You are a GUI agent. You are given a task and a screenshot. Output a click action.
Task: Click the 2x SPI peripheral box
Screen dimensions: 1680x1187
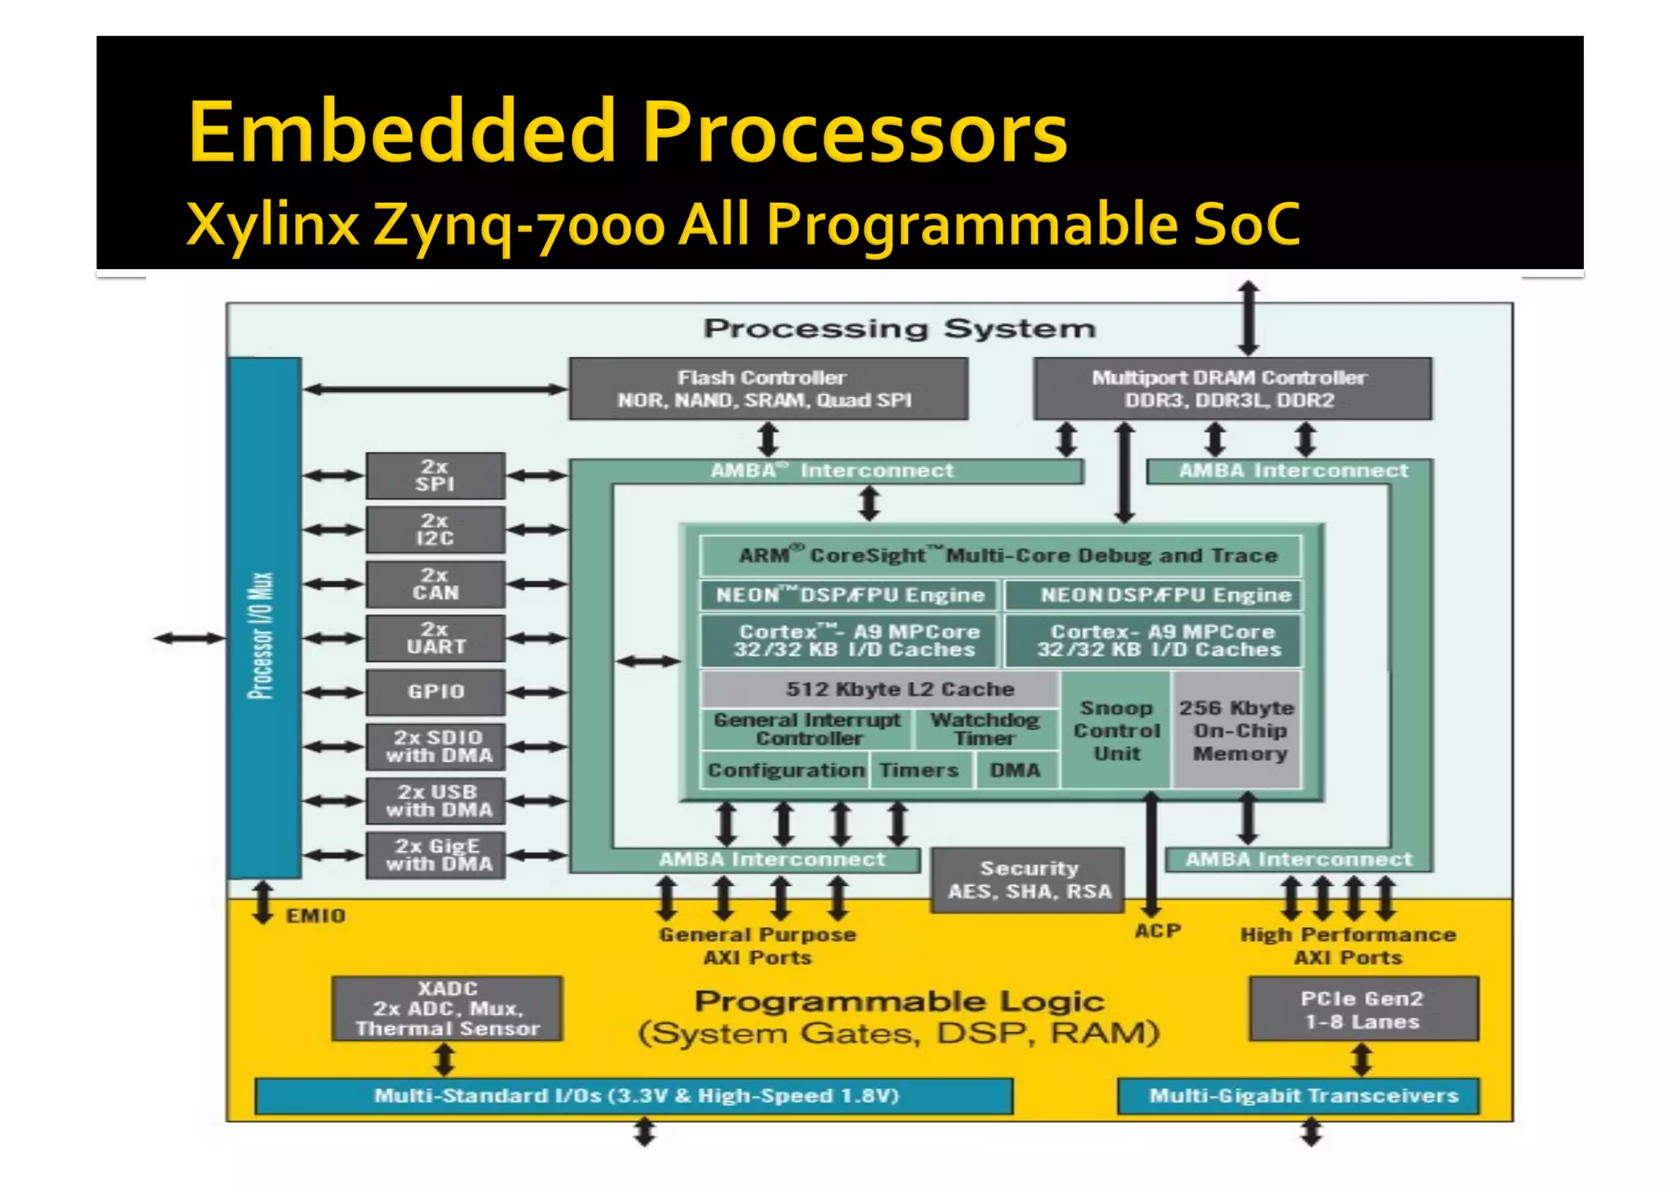pyautogui.click(x=436, y=476)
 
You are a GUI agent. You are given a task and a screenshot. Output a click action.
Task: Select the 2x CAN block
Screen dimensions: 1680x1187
pyautogui.click(x=436, y=584)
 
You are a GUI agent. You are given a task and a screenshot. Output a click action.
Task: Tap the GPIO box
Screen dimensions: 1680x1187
pyautogui.click(x=436, y=692)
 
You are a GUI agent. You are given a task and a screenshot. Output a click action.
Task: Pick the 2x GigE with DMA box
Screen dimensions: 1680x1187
pyautogui.click(x=436, y=856)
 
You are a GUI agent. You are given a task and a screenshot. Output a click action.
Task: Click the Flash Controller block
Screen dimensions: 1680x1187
pyautogui.click(x=769, y=389)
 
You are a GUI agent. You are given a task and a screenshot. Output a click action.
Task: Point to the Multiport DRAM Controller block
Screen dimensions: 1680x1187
pyautogui.click(x=1233, y=389)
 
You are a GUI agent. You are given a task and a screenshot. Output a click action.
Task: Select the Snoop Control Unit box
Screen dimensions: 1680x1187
pyautogui.click(x=1116, y=730)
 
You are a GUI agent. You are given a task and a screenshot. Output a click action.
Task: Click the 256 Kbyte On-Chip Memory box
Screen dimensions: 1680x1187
pyautogui.click(x=1237, y=730)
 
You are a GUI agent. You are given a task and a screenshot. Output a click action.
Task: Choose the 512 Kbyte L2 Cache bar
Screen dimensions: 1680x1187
pyautogui.click(x=879, y=689)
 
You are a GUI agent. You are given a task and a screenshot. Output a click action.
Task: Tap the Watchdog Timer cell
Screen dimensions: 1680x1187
pyautogui.click(x=985, y=728)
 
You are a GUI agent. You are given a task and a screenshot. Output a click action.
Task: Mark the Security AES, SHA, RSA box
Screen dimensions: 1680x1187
pyautogui.click(x=1029, y=880)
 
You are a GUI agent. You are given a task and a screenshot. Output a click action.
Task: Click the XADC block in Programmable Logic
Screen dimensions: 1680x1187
pyautogui.click(x=447, y=1008)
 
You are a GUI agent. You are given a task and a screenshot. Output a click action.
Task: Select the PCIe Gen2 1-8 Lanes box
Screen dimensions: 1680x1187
pyautogui.click(x=1363, y=1009)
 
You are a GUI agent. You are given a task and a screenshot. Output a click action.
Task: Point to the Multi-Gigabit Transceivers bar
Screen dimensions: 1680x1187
pyautogui.click(x=1299, y=1096)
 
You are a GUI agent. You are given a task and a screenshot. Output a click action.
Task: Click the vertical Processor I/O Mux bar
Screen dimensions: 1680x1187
pyautogui.click(x=264, y=619)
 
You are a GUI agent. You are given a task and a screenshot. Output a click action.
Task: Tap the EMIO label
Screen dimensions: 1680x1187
pyautogui.click(x=316, y=915)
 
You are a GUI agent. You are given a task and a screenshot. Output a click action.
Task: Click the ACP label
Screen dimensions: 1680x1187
pyautogui.click(x=1157, y=931)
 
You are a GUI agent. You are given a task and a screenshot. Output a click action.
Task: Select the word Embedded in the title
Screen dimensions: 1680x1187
pyautogui.click(x=402, y=131)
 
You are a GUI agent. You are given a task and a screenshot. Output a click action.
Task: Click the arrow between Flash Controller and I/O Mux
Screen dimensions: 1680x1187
pyautogui.click(x=436, y=390)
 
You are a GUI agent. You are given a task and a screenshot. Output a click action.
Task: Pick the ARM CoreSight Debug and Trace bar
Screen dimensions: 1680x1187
pyautogui.click(x=1001, y=555)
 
